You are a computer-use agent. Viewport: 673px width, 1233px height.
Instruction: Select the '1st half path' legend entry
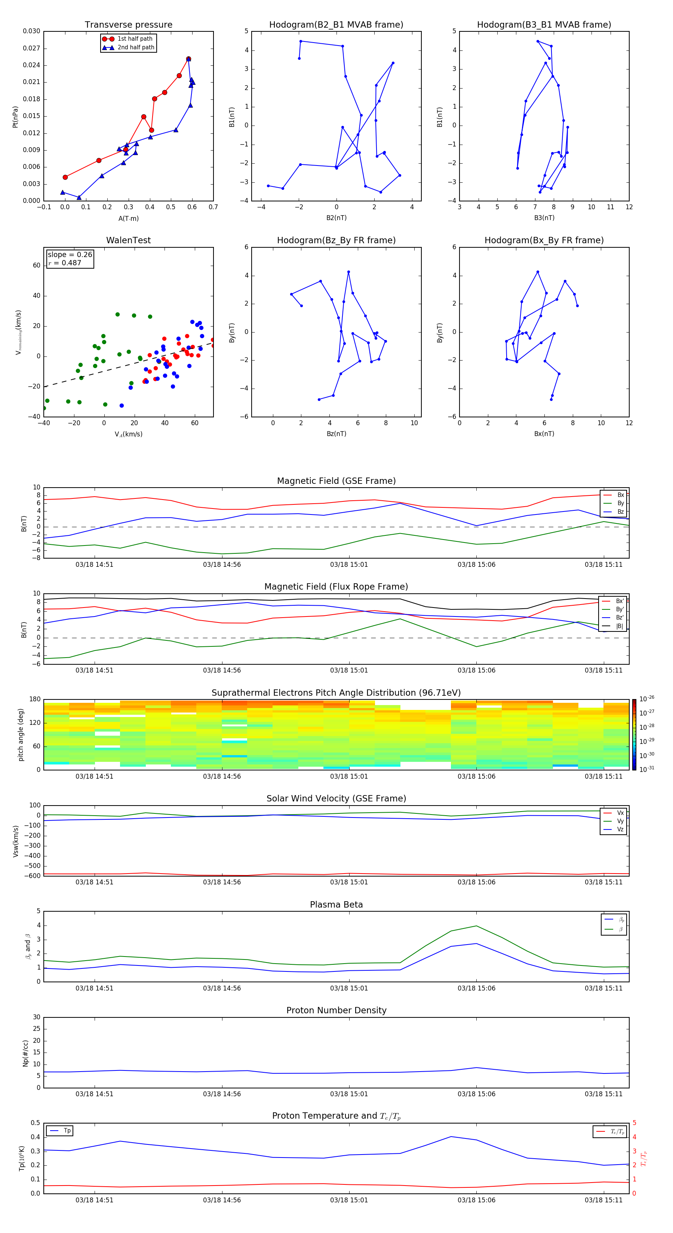coord(135,39)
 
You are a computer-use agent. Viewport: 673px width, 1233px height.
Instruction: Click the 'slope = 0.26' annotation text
coord(70,255)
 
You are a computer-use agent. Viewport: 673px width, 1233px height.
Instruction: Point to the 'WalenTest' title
coord(128,240)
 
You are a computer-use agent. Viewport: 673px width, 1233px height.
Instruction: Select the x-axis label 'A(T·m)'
coord(128,218)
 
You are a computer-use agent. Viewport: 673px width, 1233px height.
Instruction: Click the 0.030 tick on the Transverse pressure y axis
coord(31,31)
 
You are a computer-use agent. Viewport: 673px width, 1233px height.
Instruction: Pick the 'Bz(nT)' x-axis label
coord(336,434)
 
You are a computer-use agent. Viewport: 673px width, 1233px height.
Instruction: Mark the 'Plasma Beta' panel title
coord(336,905)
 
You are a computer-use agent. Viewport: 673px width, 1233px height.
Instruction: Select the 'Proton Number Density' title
coord(336,1010)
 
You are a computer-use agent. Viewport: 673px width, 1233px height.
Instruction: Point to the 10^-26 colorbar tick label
coord(647,699)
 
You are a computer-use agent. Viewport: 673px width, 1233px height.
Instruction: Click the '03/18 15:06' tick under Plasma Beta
coord(476,988)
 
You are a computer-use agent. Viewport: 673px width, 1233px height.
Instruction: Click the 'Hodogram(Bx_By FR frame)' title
coord(544,240)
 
